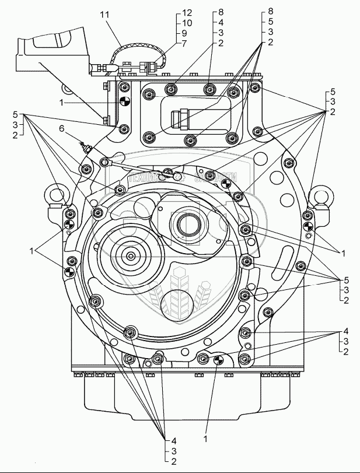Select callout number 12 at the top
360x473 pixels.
(187, 12)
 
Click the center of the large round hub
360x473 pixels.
(130, 256)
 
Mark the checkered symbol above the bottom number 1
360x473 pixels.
(219, 360)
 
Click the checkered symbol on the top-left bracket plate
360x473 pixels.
(123, 102)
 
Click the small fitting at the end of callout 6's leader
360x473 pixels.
(86, 150)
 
